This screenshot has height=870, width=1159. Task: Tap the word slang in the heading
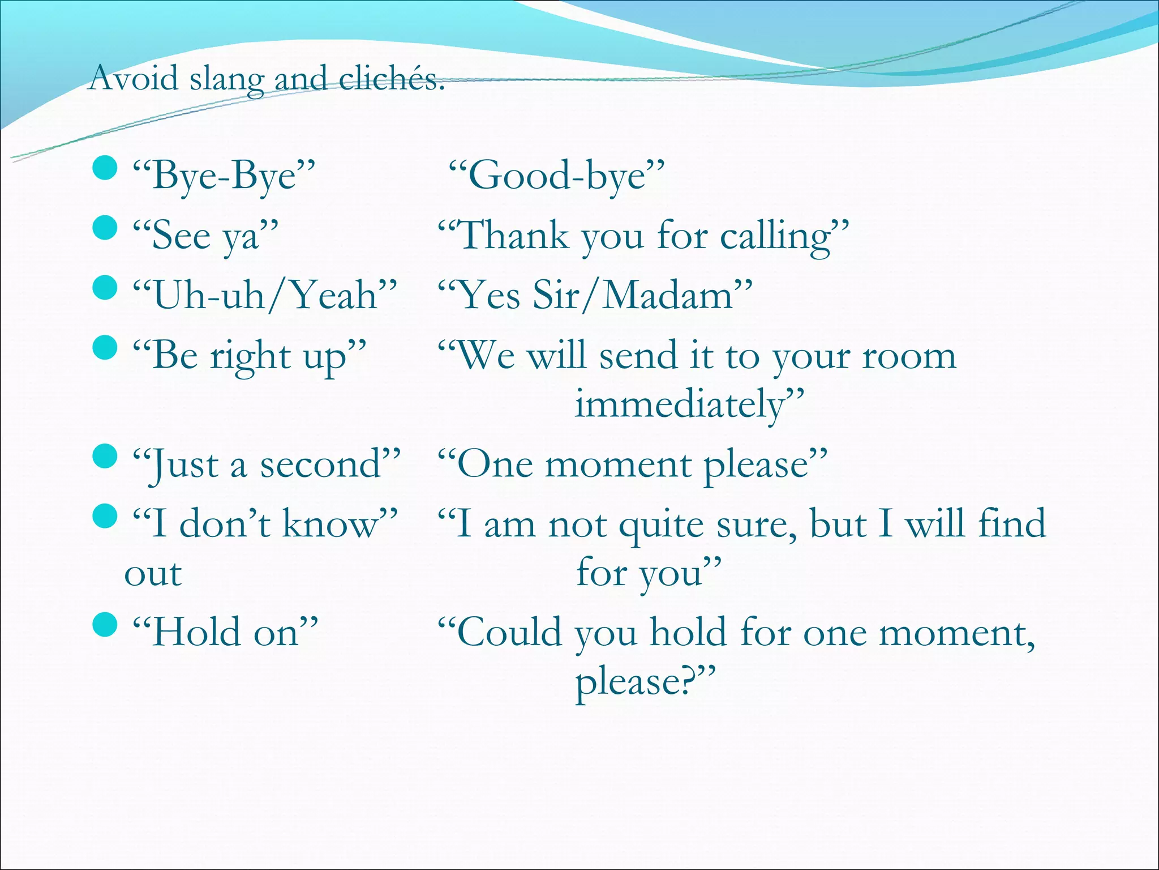click(226, 79)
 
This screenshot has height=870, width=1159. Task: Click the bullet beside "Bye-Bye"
click(104, 168)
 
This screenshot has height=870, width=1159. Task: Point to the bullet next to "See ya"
click(104, 228)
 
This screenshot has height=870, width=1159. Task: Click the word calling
click(775, 237)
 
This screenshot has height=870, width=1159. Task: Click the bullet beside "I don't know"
click(104, 515)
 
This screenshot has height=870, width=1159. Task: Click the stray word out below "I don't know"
click(153, 574)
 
